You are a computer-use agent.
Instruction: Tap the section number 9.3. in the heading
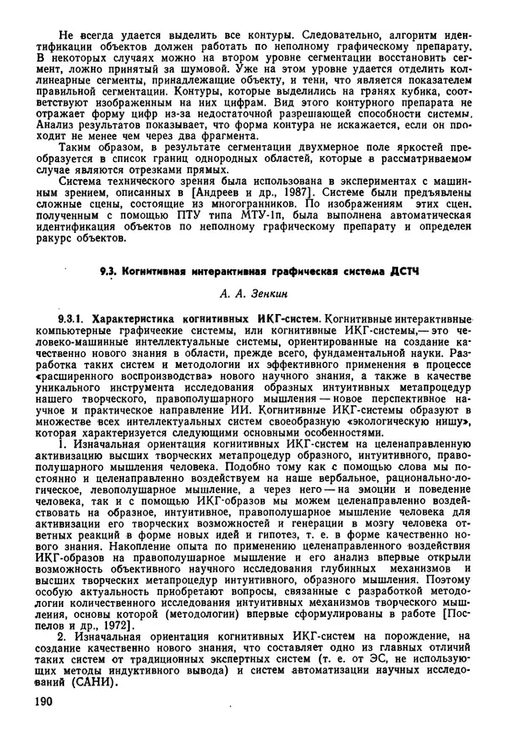(x=107, y=271)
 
